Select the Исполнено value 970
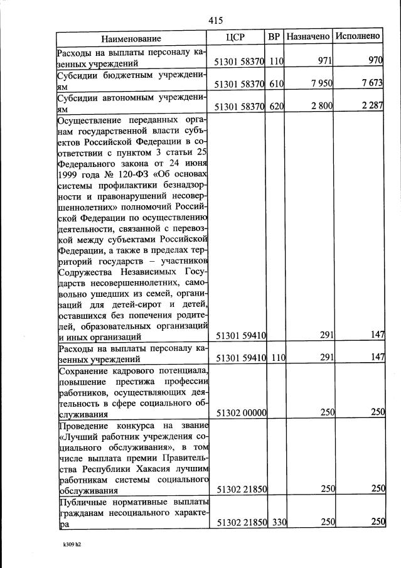(x=375, y=62)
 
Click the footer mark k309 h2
(x=69, y=545)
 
